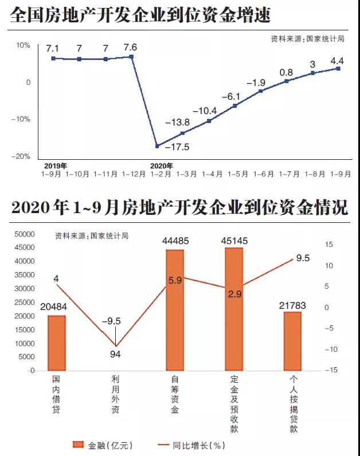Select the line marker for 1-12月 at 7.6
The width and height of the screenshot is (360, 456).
(x=132, y=57)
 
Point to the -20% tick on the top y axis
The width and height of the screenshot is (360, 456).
(x=22, y=156)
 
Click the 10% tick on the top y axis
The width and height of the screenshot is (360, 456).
(x=24, y=45)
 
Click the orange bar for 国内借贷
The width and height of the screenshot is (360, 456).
(x=56, y=343)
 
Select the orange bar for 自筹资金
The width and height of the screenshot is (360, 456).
(x=175, y=310)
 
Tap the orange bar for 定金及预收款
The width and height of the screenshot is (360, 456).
(x=234, y=309)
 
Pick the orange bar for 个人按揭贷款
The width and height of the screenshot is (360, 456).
(x=292, y=341)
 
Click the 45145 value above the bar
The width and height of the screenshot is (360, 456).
(x=234, y=241)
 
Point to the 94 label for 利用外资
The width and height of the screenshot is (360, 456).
(x=115, y=354)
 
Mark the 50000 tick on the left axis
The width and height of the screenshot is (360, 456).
(x=24, y=234)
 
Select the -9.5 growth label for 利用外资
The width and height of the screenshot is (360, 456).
(x=115, y=321)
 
